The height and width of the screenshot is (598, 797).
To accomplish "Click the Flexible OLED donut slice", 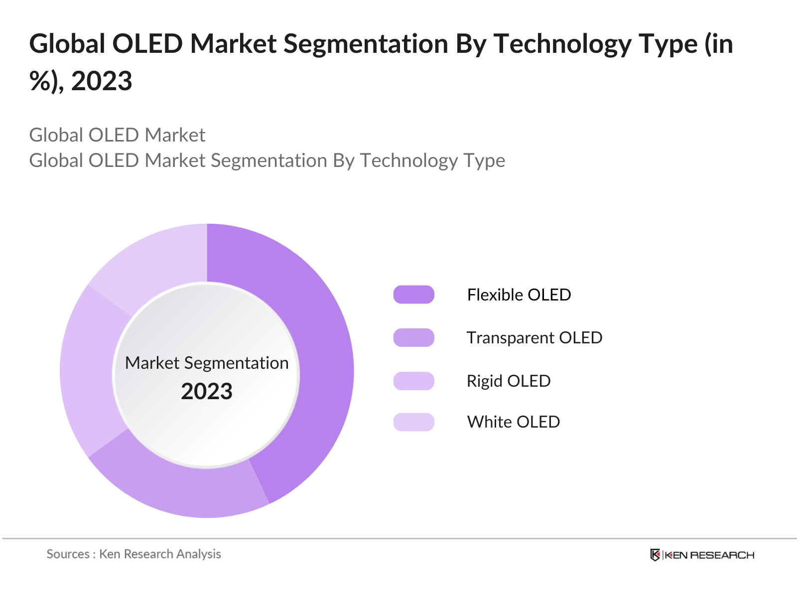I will tap(319, 349).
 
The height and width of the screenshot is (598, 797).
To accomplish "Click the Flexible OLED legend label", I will tap(519, 295).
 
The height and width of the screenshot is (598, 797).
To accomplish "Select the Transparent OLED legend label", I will tap(534, 338).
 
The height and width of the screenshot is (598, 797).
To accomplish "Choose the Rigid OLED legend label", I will tap(508, 381).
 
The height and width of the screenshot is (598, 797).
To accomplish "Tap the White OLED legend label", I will tap(513, 422).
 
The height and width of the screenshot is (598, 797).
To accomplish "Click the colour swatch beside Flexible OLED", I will tap(413, 295).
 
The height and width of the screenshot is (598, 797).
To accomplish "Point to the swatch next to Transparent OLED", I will tap(413, 338).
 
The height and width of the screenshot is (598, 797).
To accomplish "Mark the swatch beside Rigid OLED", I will tap(413, 381).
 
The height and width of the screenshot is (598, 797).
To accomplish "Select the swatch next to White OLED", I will tap(413, 422).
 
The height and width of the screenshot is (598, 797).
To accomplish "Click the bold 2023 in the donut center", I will tap(207, 392).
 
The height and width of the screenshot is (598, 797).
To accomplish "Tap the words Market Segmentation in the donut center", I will tap(207, 363).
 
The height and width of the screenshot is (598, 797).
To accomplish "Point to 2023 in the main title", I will tap(102, 81).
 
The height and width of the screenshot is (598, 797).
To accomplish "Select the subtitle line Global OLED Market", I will tap(117, 135).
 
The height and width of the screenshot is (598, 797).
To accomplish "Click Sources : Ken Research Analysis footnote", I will tap(133, 554).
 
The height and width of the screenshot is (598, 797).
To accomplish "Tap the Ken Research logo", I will tap(702, 555).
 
